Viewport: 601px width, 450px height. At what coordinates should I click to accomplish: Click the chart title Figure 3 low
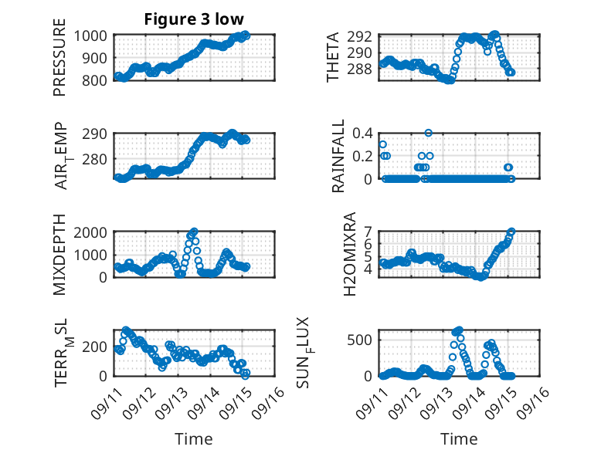click(x=195, y=19)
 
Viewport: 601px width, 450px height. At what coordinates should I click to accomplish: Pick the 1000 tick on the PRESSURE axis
click(x=93, y=36)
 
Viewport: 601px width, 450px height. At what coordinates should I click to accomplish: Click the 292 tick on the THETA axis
click(x=364, y=36)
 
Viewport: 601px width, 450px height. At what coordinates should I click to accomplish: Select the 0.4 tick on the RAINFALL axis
click(x=362, y=133)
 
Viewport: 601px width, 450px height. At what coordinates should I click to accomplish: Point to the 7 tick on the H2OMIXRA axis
click(x=368, y=232)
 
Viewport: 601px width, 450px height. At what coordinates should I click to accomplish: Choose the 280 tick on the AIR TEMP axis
click(x=97, y=158)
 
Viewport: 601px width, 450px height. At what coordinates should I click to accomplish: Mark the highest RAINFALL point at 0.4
click(x=428, y=133)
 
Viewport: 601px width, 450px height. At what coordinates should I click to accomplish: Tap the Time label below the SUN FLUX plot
click(x=459, y=438)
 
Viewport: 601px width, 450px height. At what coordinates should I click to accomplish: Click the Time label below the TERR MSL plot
click(x=193, y=438)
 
